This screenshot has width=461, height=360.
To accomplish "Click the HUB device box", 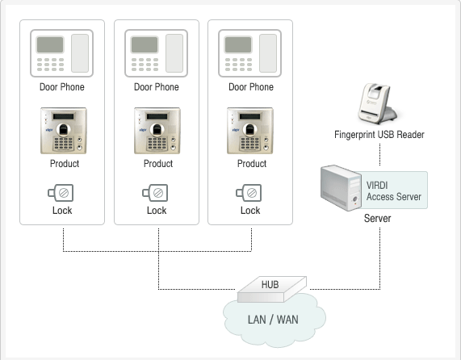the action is point(272,289).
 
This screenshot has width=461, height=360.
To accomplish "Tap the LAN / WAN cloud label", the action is point(273,320).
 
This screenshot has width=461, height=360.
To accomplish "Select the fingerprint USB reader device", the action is point(378,103).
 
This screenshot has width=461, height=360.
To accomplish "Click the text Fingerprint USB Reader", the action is point(379,135).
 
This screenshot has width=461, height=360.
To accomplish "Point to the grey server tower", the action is point(341,188).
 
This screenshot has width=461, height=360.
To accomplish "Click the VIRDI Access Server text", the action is point(394,191).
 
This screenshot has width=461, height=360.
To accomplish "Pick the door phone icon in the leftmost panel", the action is point(61,53).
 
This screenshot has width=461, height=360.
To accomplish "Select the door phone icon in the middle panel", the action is point(156,53).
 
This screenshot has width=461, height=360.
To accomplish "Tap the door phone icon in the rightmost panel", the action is point(250,53).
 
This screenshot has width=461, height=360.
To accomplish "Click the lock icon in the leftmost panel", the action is point(61,193).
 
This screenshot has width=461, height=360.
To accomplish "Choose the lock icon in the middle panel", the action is point(155,193).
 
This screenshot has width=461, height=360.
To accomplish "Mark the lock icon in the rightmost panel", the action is point(249,193).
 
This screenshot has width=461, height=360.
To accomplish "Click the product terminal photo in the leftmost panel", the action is point(64,131).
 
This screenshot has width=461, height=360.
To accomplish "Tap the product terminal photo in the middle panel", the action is point(157,131).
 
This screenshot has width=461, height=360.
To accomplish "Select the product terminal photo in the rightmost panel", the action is point(250,131).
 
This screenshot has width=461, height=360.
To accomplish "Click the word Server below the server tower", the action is point(378,219).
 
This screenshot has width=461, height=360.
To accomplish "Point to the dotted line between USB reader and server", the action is point(379,155).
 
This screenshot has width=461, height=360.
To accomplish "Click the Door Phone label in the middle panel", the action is point(157,87).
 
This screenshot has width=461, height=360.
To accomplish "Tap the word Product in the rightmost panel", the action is point(252,163).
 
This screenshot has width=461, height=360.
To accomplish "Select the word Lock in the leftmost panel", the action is point(62,211).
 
